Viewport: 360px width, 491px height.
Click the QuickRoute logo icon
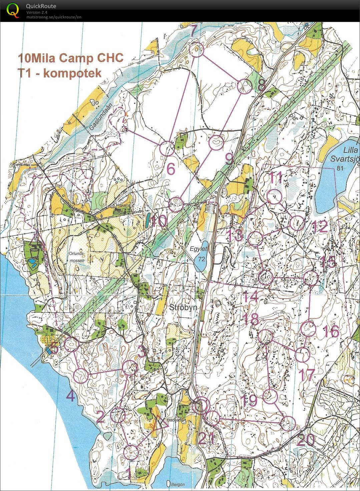pyautogui.click(x=13, y=10)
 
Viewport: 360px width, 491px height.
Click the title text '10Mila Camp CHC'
pyautogui.click(x=71, y=58)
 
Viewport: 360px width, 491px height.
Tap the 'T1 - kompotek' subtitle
pyautogui.click(x=60, y=73)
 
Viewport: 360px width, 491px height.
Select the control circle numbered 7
pyautogui.click(x=197, y=50)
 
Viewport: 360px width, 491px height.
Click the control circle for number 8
pyautogui.click(x=245, y=86)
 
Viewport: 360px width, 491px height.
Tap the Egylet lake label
pyautogui.click(x=199, y=249)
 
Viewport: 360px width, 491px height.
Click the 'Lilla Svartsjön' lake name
pyautogui.click(x=345, y=154)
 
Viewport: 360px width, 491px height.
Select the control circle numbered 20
pyautogui.click(x=288, y=424)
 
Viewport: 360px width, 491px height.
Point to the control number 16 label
pyautogui.click(x=331, y=331)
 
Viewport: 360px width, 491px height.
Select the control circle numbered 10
pyautogui.click(x=175, y=204)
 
